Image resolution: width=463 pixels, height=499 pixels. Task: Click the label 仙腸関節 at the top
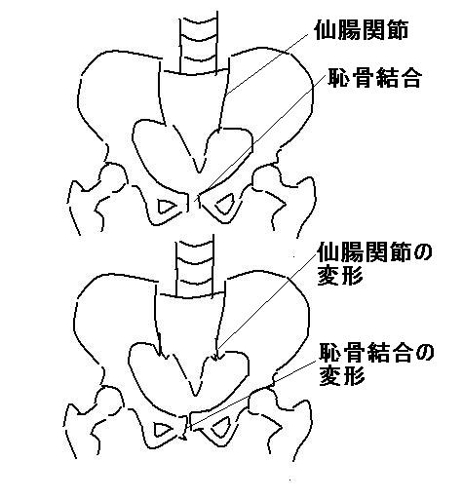point(361,31)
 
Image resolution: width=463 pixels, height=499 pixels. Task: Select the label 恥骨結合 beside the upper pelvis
point(374,78)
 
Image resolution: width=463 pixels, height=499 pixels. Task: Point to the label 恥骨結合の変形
point(376,365)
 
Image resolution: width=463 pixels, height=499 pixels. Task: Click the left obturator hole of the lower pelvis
point(164,430)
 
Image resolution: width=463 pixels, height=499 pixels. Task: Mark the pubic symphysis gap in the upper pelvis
point(194,201)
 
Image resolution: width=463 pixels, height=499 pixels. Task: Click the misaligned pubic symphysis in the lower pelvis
point(188,426)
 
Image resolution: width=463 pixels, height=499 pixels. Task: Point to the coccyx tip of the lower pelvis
point(195,394)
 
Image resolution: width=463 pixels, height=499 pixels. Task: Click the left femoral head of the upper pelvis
point(113,178)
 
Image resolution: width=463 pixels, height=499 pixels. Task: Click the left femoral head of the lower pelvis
point(109,403)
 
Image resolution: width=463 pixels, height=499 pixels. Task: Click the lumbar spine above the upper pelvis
point(198,41)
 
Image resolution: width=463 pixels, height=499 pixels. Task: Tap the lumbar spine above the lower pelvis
point(194,265)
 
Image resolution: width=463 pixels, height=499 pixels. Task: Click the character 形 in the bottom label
point(353,377)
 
